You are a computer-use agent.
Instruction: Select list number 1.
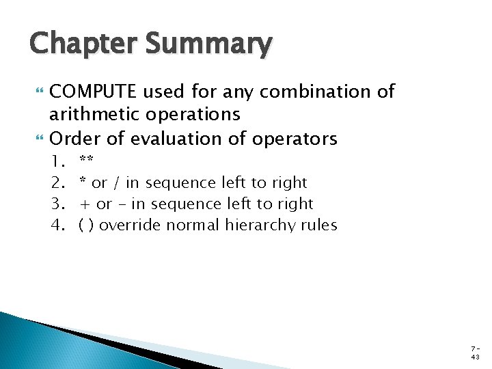[57, 162]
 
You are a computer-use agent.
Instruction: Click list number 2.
[57, 183]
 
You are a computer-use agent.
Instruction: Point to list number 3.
[57, 204]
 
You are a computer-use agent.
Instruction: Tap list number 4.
[57, 225]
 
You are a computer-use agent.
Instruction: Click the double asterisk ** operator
[86, 161]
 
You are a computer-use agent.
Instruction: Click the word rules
[318, 225]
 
